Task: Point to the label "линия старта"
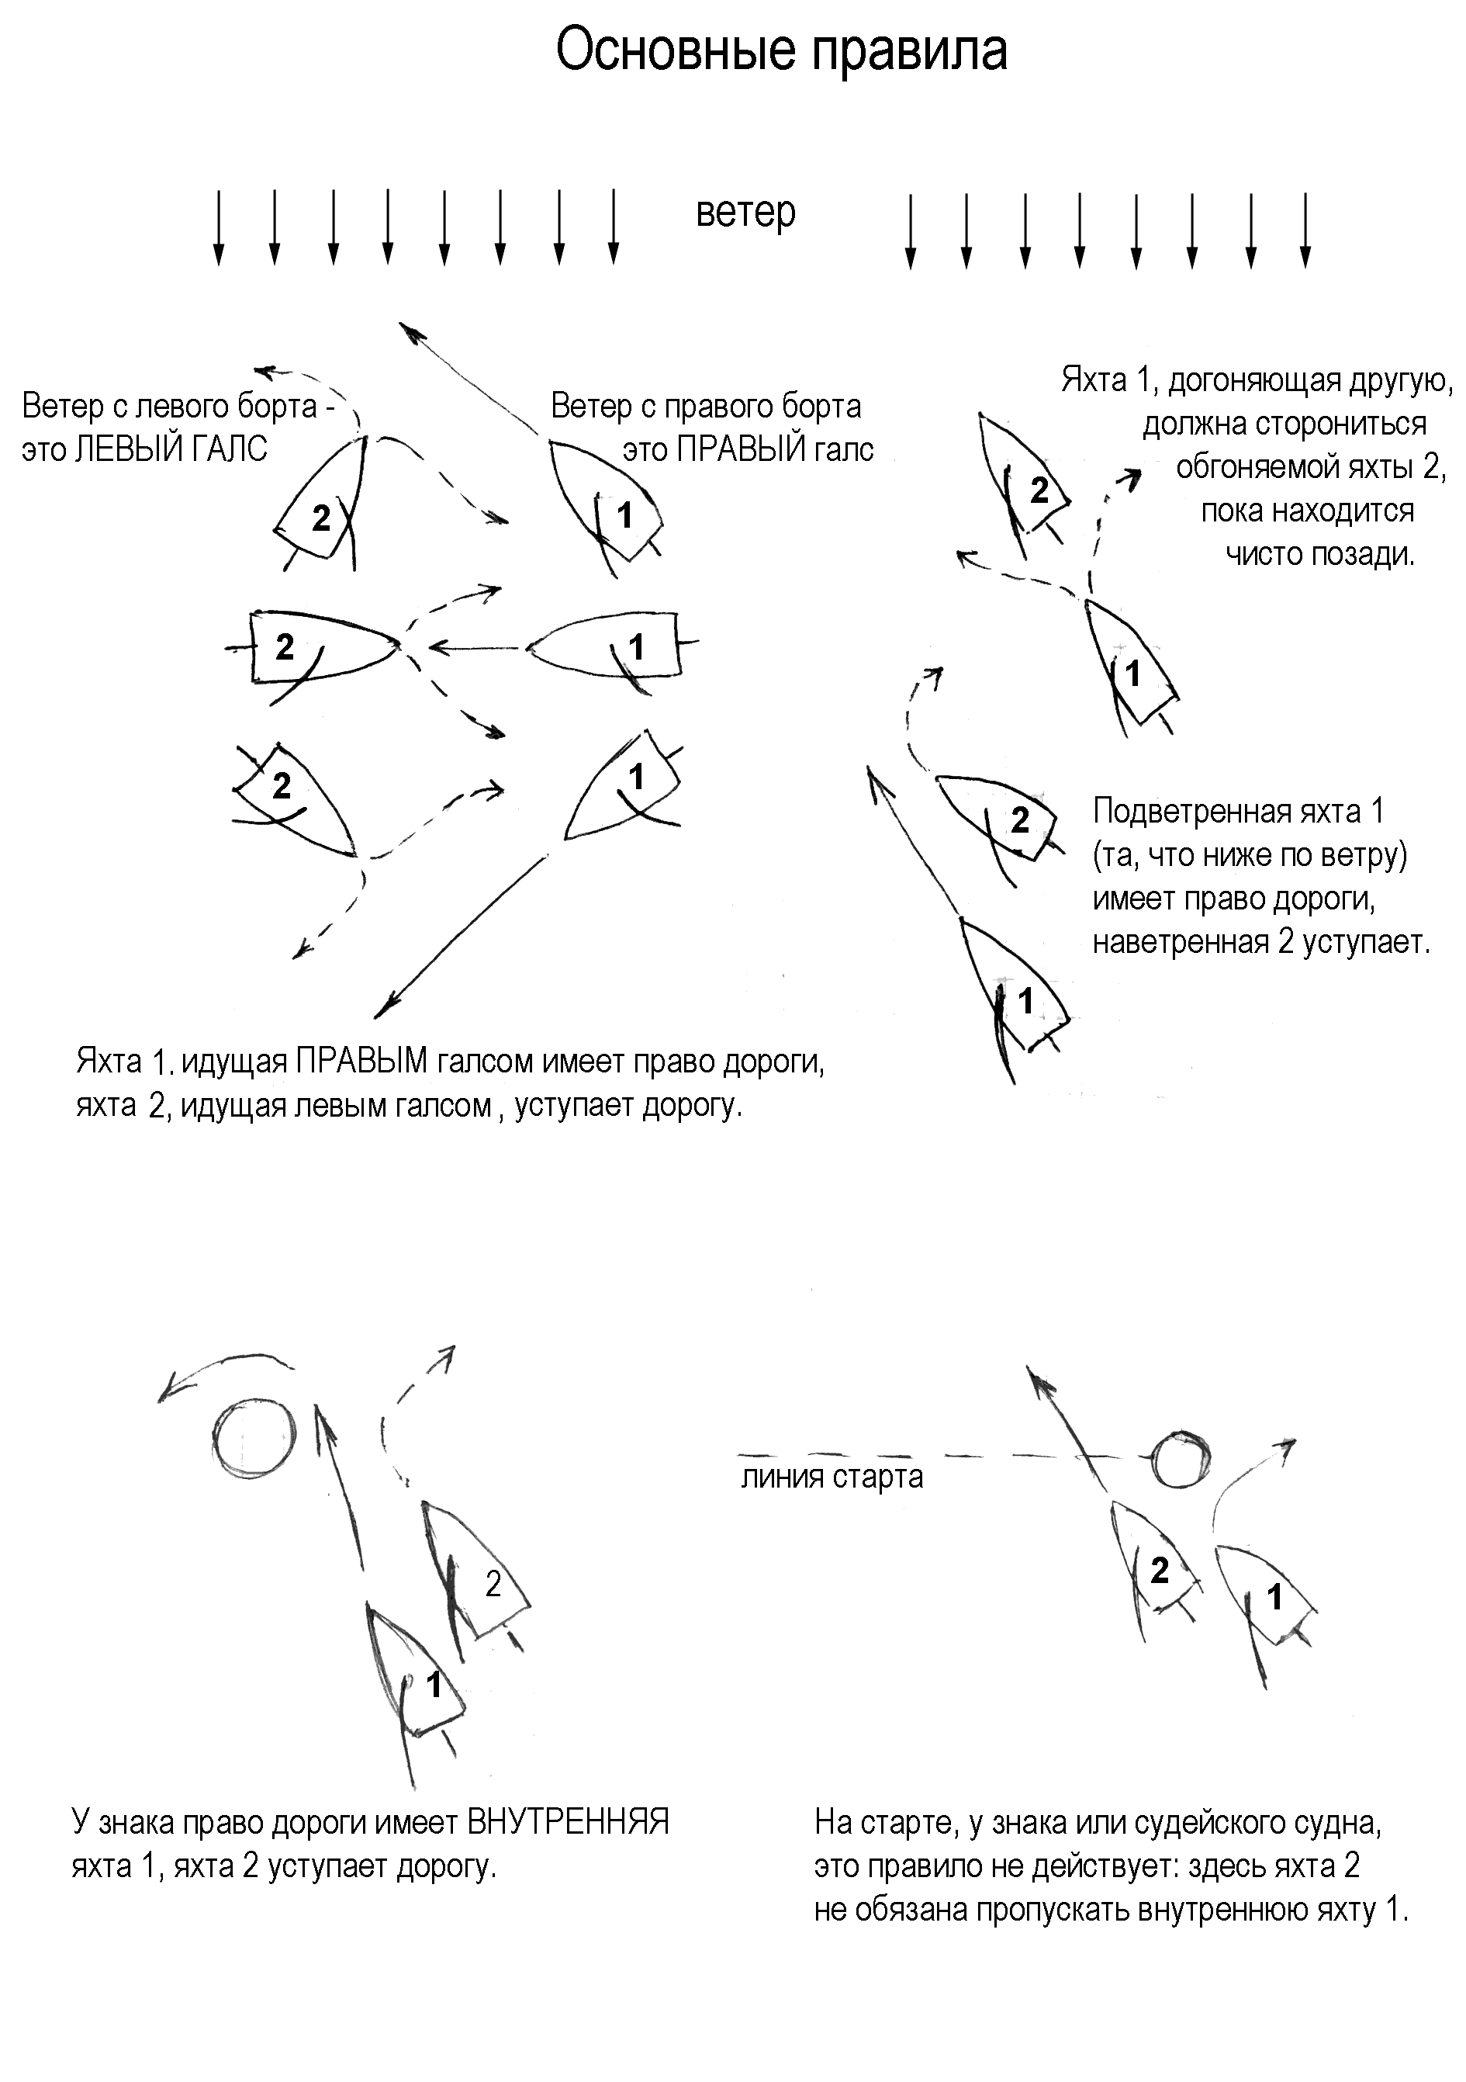[832, 1476]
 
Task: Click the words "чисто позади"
[1319, 554]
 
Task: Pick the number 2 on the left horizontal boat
[285, 647]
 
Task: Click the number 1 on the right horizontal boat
[637, 647]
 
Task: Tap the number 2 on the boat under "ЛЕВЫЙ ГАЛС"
[321, 518]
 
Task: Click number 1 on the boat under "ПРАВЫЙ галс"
[624, 516]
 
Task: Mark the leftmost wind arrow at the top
[218, 227]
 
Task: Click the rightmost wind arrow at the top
[1305, 230]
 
